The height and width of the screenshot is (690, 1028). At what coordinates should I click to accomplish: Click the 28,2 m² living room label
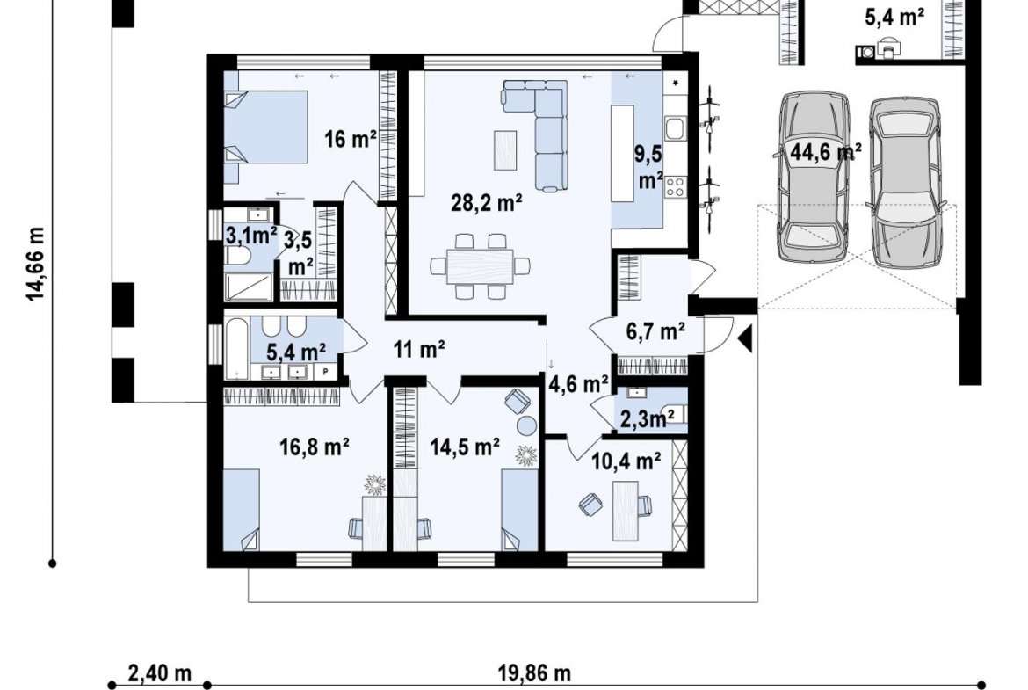coord(486,203)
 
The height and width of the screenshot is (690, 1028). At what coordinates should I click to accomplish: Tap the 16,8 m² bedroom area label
coord(314,447)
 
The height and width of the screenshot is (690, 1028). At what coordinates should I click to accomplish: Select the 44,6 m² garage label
coord(825,152)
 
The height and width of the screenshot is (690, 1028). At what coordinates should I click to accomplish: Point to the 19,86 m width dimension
coord(534,673)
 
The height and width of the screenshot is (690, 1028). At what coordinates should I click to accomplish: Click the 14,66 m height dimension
coord(36,264)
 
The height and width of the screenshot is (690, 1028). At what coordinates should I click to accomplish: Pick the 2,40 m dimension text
coord(159,673)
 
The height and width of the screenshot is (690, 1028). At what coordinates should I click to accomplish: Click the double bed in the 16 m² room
coord(265,127)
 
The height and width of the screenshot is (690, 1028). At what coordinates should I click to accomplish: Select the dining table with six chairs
coord(480,266)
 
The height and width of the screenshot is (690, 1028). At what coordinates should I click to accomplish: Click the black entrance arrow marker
coord(745,338)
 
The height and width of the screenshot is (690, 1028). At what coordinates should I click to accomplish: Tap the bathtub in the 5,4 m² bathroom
coord(236,348)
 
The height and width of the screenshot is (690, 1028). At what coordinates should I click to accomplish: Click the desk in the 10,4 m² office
coord(626,511)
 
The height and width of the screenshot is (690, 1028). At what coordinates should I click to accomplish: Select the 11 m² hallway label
coord(420,349)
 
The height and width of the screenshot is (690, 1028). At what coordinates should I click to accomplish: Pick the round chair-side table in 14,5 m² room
coord(527,425)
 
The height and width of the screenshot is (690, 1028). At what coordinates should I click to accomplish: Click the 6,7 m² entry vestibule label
coord(655,332)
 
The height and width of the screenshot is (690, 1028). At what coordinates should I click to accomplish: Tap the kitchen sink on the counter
coord(675,128)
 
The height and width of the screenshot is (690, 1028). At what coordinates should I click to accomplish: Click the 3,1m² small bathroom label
coord(251,235)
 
